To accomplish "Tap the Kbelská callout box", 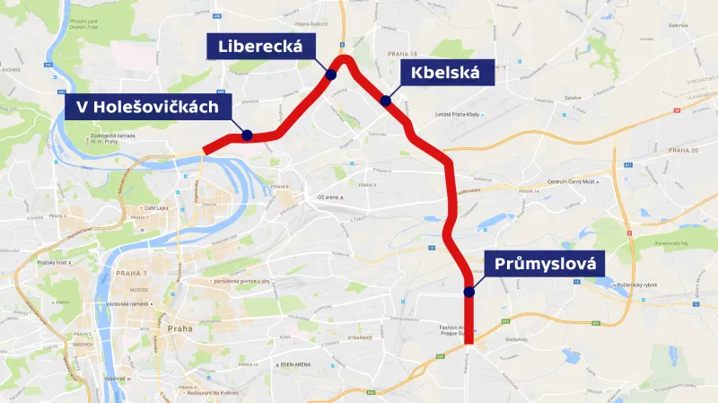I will point(446,73).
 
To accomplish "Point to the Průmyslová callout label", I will point(545,264).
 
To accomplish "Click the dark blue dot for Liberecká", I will point(331,75).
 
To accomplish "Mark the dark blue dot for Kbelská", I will point(385,101).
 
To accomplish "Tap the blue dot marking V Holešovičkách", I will point(246,136).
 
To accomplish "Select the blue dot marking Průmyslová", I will point(468,292).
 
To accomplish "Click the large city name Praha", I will point(179,329).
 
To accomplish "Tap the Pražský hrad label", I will point(52,263).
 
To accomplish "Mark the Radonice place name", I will point(677,25).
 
